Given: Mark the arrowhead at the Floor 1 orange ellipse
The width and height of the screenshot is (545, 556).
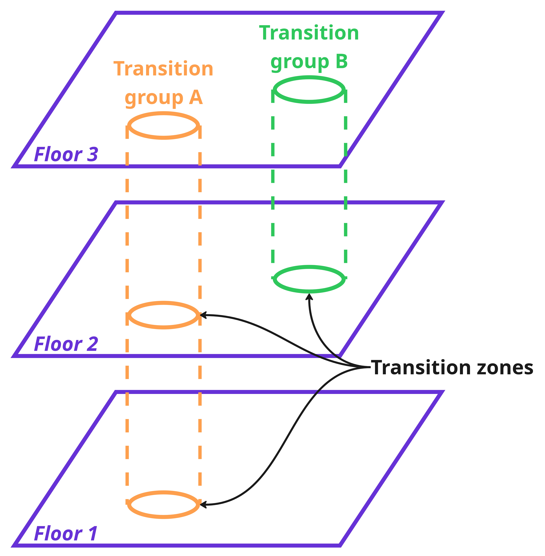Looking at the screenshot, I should coord(203,504).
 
